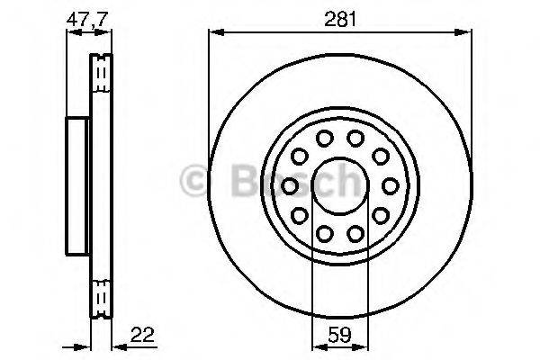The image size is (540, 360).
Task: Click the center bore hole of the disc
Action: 339,185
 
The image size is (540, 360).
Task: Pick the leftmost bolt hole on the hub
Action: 290,185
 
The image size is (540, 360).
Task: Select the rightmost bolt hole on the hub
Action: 390,185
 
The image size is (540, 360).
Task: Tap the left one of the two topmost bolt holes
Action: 324,138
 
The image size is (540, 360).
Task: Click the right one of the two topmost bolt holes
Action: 355,138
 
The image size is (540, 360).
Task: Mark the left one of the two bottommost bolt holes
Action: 324,233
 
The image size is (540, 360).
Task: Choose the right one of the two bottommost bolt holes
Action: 355,233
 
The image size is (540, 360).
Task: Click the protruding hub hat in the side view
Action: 78,184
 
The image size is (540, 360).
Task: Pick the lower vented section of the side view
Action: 102,295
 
